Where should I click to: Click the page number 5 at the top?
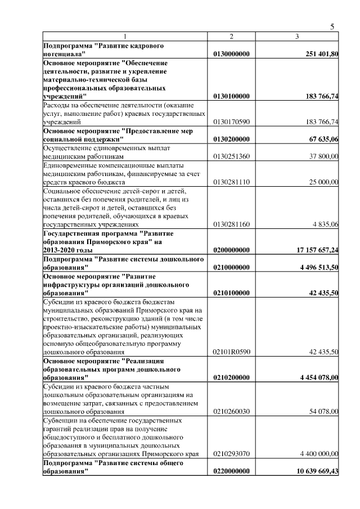click(x=332, y=26)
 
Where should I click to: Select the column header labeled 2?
click(x=231, y=37)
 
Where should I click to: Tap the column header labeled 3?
click(x=297, y=37)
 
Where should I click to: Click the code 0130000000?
click(x=231, y=54)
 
